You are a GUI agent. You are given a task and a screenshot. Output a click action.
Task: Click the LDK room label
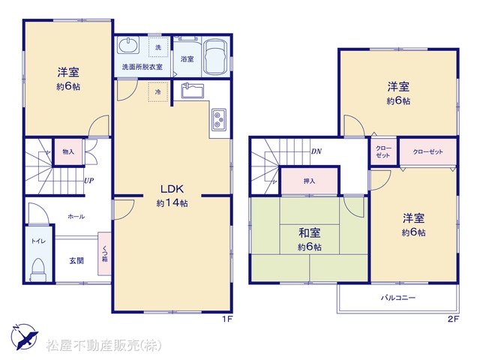(x=172, y=189)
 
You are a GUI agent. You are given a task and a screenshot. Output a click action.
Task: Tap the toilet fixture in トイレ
(x=38, y=269)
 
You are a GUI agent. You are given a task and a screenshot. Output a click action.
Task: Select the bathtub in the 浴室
(x=215, y=58)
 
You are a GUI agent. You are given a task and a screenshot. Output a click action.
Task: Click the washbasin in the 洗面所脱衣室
(x=128, y=45)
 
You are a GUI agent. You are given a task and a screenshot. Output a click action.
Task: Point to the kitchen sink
(x=192, y=91)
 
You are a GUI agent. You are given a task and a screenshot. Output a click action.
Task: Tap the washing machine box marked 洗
(x=158, y=46)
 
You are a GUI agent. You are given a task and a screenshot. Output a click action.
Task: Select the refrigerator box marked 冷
(x=158, y=91)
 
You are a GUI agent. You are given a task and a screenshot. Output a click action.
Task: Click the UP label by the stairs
(x=88, y=181)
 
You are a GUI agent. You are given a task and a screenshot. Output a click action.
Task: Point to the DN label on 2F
(x=316, y=151)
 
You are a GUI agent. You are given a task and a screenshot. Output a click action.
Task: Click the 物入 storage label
(x=68, y=151)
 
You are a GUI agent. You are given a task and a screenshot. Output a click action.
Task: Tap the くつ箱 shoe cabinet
(x=104, y=253)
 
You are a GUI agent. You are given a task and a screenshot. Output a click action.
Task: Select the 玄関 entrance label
(x=76, y=260)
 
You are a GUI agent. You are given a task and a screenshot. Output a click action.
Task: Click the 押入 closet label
(x=309, y=181)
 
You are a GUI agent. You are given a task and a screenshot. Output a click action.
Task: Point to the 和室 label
(x=310, y=232)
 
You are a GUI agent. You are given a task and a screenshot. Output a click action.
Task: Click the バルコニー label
(x=398, y=297)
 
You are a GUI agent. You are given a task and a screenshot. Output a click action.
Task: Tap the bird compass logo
(x=25, y=337)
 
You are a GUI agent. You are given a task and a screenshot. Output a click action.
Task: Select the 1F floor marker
(x=227, y=319)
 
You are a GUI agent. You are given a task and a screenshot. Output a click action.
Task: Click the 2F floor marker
(x=453, y=319)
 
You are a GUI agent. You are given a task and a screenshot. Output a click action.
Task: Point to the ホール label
(x=76, y=217)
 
